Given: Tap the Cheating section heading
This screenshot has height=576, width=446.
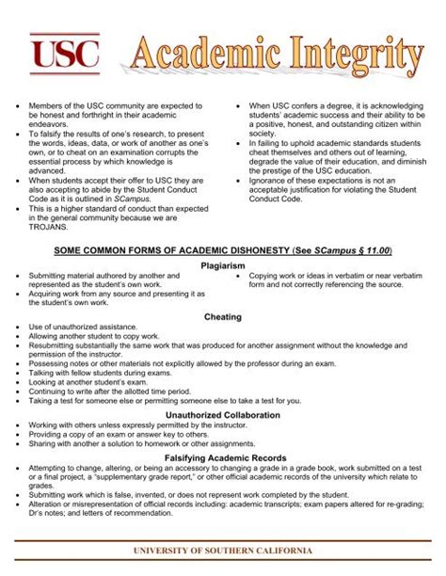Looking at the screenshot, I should pyautogui.click(x=223, y=317).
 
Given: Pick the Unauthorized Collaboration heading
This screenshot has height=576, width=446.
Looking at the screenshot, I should pyautogui.click(x=223, y=414).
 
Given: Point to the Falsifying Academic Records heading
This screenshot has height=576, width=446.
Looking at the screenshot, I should pyautogui.click(x=223, y=456).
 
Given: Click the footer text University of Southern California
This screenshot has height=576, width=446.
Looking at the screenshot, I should pyautogui.click(x=222, y=548).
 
